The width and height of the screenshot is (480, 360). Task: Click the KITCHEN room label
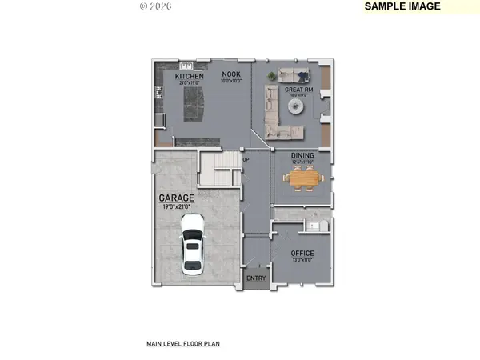pos(179,76)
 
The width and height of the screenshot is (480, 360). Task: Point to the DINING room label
pos(301,156)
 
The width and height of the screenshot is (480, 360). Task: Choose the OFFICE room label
pos(302,253)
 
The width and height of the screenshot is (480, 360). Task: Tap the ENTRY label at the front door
pos(256,278)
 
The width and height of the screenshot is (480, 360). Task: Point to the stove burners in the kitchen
pos(160,102)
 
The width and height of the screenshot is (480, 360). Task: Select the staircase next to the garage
pos(218,166)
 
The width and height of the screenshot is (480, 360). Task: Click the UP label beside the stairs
pos(246,159)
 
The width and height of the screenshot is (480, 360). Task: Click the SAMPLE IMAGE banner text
pos(402,6)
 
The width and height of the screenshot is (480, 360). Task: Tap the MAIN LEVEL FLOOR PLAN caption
pos(182,344)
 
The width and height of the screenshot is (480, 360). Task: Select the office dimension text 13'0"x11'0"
pos(302,260)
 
